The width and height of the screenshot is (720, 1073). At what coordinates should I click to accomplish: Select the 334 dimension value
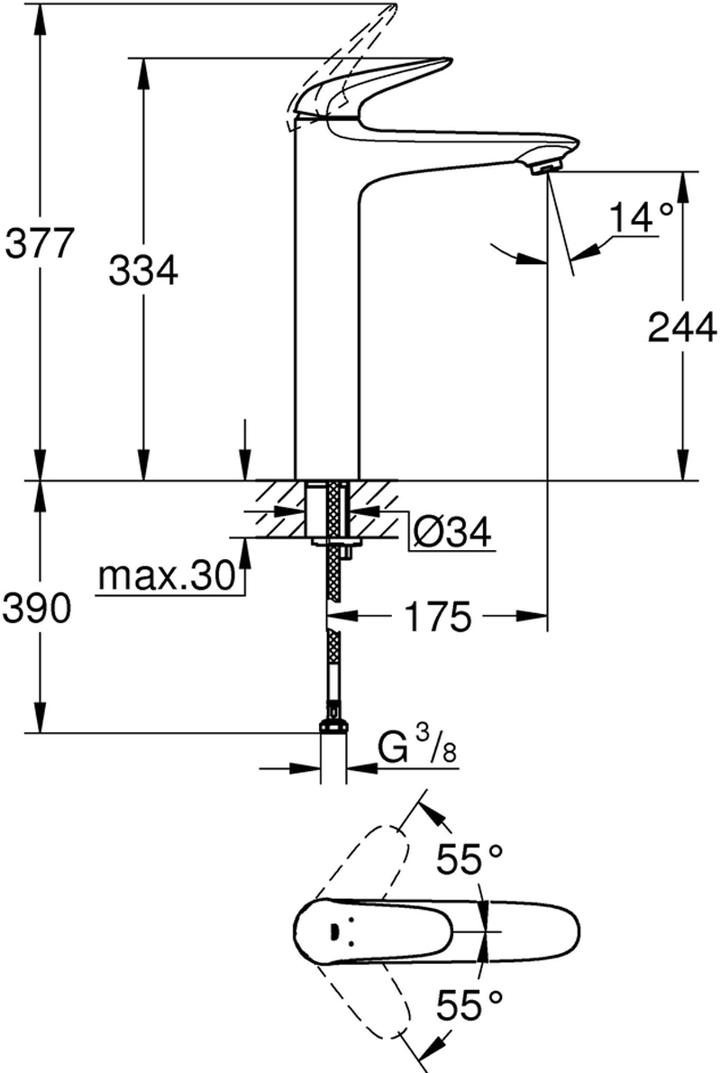143,270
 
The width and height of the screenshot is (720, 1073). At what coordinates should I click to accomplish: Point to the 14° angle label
641,219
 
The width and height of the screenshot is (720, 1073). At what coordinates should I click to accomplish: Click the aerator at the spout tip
542,167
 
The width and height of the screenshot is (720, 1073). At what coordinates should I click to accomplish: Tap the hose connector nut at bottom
333,727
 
